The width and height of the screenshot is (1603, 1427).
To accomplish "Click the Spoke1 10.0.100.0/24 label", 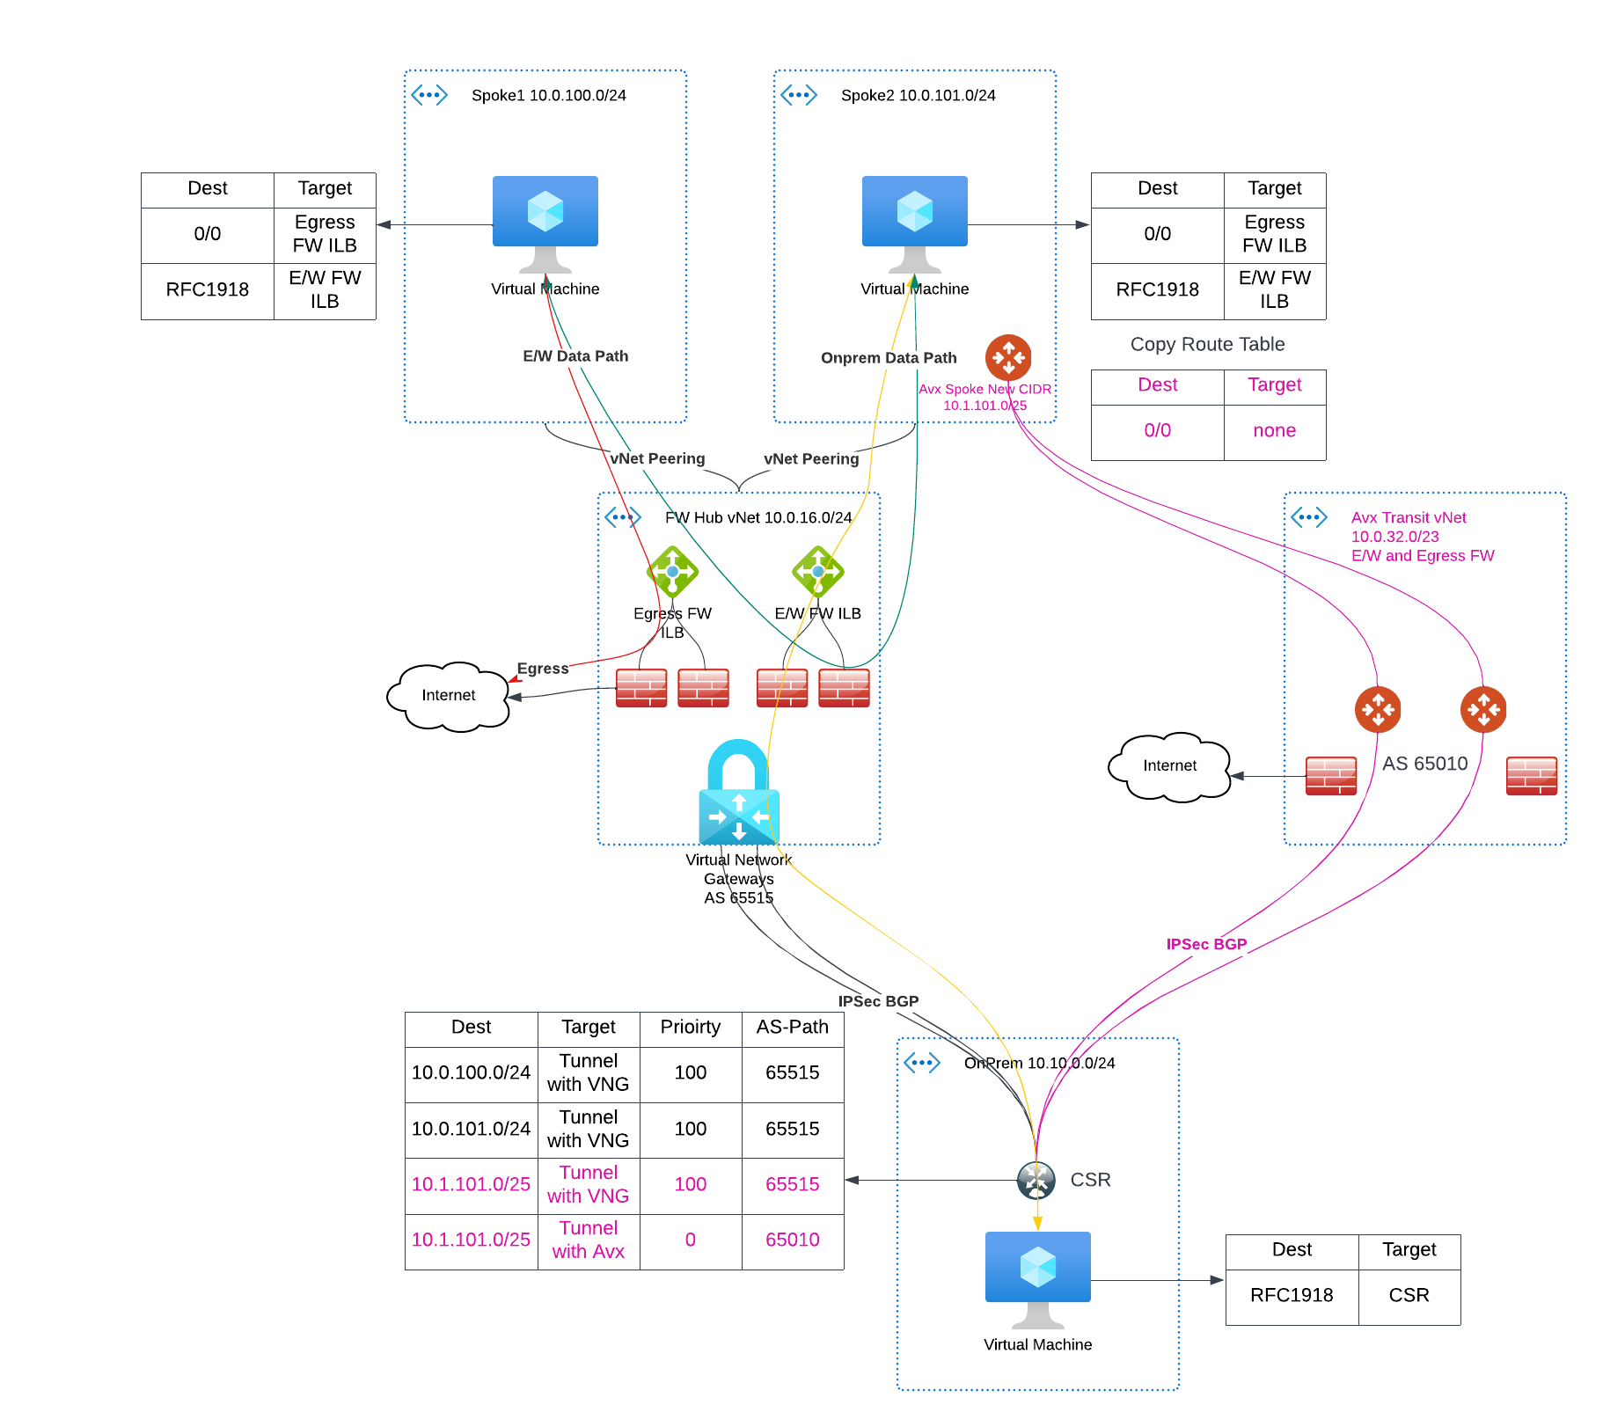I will point(548,95).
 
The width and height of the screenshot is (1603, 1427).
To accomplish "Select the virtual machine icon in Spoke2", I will point(914,220).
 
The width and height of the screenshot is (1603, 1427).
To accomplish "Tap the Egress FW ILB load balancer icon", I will point(672,572).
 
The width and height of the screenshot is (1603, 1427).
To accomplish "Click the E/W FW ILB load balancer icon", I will point(817,572).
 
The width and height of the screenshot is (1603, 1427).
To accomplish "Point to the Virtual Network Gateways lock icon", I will point(738,792).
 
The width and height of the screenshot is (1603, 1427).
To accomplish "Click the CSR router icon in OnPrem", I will point(1036,1180).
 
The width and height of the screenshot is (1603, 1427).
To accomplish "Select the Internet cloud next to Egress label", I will point(449,695).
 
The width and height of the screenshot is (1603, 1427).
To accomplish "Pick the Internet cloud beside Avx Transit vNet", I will point(1169,765).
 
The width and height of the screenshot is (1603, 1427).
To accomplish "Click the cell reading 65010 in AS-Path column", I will point(792,1240).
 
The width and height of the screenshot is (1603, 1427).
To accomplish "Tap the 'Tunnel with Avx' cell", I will point(588,1240).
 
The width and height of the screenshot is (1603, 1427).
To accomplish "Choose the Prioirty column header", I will point(690,1027).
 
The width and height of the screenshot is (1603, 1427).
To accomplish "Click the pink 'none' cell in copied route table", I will point(1274,430).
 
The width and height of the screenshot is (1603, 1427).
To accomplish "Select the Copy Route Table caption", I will point(1207,344).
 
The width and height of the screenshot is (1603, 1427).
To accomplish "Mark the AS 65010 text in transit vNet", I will point(1424,763).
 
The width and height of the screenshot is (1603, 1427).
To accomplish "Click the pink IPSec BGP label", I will point(1206,944).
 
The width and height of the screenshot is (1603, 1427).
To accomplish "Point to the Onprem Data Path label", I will point(889,357).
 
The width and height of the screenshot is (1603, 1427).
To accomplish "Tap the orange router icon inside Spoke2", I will point(1008,357).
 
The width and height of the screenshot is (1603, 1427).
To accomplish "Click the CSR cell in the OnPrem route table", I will point(1409,1295).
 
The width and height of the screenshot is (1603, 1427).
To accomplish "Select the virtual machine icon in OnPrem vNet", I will point(1037,1276).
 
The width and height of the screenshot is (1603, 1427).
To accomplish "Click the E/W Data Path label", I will point(575,355).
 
